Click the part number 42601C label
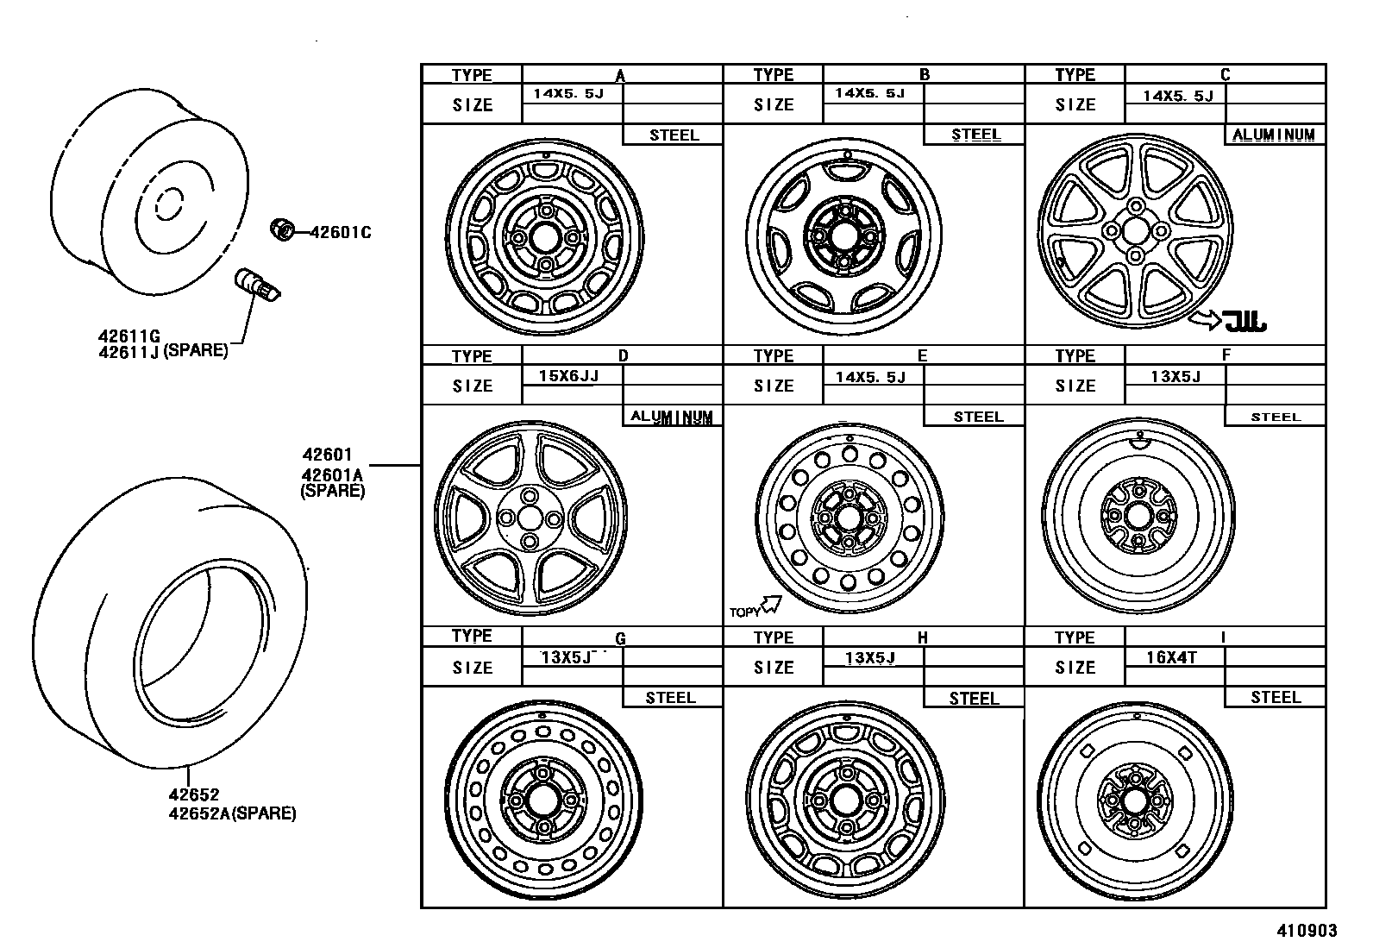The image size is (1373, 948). pos(341,232)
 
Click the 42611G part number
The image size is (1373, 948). pos(129,336)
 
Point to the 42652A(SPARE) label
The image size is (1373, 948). pos(232,813)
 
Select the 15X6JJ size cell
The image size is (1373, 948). pos(568,375)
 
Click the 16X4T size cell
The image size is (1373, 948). pos(1172,656)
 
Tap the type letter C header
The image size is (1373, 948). pos(1226,74)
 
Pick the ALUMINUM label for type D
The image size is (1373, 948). pos(672,417)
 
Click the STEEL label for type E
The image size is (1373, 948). pos(977,417)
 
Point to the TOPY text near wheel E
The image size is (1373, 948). pos(744,612)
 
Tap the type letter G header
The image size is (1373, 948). pos(620,638)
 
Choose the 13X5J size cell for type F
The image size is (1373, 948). pos(1175,375)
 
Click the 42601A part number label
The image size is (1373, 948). pos(332,474)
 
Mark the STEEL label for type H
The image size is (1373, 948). pos(974,698)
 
